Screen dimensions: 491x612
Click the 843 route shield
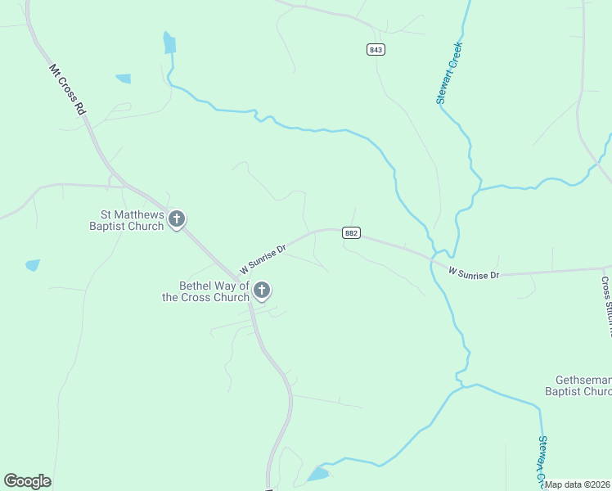point(376,50)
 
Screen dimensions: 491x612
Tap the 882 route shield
point(351,233)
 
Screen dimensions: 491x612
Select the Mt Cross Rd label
point(67,89)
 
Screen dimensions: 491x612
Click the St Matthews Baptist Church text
point(127,220)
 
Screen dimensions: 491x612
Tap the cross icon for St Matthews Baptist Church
point(177,219)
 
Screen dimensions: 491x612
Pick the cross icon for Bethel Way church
point(262,291)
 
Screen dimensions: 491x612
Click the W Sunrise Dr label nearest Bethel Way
point(262,258)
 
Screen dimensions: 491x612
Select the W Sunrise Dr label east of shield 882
point(474,274)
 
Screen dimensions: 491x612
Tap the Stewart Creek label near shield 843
point(449,73)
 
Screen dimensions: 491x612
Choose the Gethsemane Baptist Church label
point(578,386)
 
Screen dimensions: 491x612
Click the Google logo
point(27,481)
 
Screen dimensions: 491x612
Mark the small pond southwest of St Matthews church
point(33,265)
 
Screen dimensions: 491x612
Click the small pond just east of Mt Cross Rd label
point(124,79)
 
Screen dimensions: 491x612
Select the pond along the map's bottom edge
point(317,474)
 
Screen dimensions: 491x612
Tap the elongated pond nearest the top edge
point(169,43)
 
